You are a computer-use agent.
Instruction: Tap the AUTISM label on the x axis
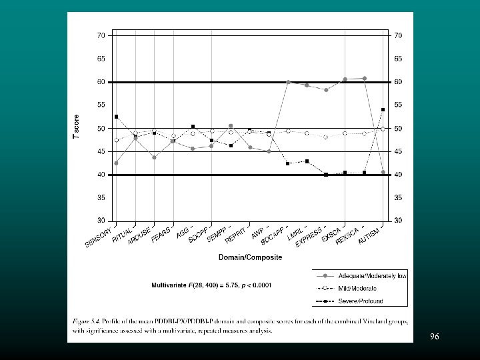coord(369,235)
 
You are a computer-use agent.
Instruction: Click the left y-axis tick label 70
coord(101,35)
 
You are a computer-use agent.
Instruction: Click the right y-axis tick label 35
coord(399,197)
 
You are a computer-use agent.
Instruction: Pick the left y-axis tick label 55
coord(101,105)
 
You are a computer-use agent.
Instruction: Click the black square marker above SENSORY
coord(117,117)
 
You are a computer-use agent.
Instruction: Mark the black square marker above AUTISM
coord(383,109)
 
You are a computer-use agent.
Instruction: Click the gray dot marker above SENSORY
coord(117,163)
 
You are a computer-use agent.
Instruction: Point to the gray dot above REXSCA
coord(364,79)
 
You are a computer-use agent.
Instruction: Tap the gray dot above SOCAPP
coord(288,82)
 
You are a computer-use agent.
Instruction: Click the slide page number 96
coord(434,337)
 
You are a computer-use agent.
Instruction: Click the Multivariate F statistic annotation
coord(211,285)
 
